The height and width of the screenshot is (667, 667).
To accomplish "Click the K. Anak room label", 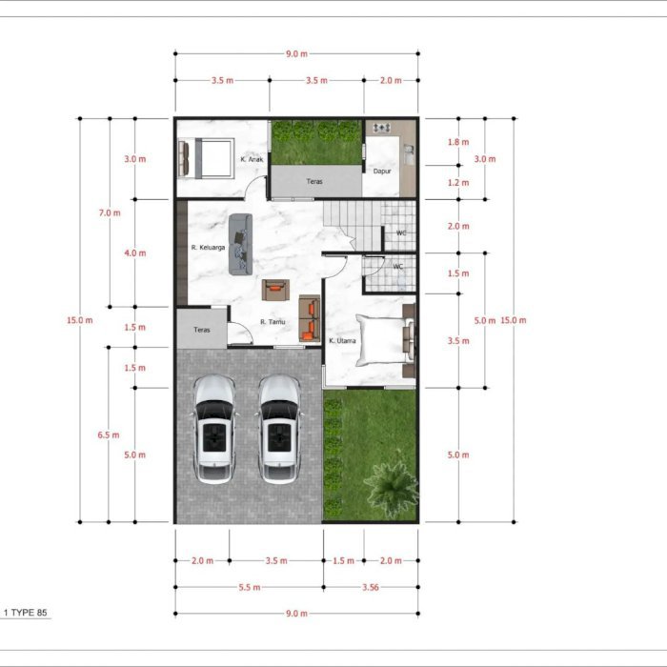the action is coord(252,159).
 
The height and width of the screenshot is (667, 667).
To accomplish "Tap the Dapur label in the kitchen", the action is coord(382,172).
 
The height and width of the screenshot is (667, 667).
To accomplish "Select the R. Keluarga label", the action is coord(208,248).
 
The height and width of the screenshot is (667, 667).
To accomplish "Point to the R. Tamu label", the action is coord(273,322).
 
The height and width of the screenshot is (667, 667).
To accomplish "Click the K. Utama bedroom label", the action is coord(342,341).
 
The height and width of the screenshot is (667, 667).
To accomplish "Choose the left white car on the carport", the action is coord(214,429).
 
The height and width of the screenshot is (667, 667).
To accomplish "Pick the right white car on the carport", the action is coord(279,429).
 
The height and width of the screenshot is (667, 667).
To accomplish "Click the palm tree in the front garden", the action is coord(392,484).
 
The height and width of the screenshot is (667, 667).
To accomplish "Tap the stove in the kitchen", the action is coord(381,128).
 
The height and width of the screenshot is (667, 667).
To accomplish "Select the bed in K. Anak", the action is coord(207,158).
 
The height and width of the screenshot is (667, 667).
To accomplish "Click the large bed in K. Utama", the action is coord(385,340).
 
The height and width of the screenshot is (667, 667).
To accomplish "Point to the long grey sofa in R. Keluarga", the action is coord(241,244).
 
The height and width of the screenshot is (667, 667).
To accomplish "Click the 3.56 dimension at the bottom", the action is coord(371,588).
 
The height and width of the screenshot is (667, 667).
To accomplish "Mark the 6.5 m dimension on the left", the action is coord(109,435).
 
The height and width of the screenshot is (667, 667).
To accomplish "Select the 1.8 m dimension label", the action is coord(458,142).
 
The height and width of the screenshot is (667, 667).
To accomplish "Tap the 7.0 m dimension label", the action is coord(110,212).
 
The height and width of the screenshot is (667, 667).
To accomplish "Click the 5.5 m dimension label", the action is coord(250,588).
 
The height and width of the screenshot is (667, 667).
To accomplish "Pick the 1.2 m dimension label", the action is coord(458,183).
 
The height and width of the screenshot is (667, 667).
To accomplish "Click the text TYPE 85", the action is coord(29,613).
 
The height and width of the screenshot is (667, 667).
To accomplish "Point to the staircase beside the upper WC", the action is coord(353,225).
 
